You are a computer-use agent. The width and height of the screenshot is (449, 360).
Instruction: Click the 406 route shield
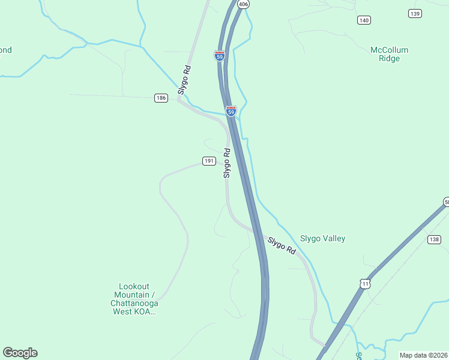coord(243,4)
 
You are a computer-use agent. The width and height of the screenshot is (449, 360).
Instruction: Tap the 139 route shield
coord(414,13)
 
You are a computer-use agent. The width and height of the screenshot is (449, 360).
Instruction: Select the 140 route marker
coord(364,20)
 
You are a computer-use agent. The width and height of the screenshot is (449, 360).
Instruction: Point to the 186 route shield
coord(160,98)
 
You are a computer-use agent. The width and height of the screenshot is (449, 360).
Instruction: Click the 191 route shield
coord(209,161)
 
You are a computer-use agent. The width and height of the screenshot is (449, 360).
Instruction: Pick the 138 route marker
coord(435,239)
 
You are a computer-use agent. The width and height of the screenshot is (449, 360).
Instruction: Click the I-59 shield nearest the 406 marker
coord(220,56)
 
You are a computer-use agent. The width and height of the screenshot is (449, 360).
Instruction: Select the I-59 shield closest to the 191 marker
coord(231,111)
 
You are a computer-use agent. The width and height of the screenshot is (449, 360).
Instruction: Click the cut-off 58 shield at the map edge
coord(446,202)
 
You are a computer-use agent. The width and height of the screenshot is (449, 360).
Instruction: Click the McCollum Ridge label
coord(389,54)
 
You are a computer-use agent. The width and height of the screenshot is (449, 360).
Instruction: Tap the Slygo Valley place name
coord(322,238)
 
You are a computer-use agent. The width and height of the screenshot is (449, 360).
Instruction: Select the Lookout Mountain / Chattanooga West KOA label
coord(134,299)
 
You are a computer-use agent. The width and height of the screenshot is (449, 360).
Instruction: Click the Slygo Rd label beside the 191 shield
coord(227,163)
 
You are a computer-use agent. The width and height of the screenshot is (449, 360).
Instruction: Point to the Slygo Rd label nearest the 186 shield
coord(184,80)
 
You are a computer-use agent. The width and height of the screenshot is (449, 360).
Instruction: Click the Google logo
coord(20,353)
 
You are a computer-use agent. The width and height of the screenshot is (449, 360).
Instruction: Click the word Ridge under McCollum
coord(389,59)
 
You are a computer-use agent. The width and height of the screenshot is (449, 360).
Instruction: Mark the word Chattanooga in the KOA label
coord(134,303)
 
